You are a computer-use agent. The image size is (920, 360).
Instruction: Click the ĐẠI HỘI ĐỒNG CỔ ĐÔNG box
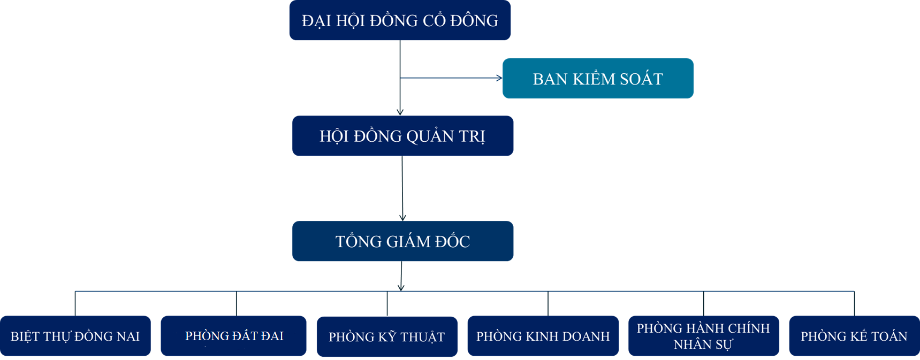click(400, 20)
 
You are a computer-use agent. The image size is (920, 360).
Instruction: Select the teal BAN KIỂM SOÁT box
click(598, 78)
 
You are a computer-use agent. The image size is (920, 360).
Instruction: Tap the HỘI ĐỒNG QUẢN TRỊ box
click(402, 136)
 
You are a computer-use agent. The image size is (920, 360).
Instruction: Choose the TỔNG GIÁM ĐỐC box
click(402, 241)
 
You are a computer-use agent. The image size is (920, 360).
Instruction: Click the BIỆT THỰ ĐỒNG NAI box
click(75, 336)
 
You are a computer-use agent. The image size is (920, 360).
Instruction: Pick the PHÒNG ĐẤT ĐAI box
click(233, 336)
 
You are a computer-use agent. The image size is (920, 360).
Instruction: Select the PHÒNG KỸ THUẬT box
click(387, 336)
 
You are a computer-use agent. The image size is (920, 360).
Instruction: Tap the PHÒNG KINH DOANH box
click(543, 336)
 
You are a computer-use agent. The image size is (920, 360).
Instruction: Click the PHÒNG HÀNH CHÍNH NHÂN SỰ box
click(704, 336)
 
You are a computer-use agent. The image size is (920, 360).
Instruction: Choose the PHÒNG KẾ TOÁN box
click(854, 336)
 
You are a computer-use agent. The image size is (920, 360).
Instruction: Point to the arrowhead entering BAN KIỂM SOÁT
click(499, 78)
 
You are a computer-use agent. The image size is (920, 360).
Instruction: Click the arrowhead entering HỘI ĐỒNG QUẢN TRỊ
click(400, 112)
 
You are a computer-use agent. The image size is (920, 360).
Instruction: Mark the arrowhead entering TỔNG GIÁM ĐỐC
click(403, 218)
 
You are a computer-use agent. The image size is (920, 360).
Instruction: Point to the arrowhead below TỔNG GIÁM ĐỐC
click(401, 288)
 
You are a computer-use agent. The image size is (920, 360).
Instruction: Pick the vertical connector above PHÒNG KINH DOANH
click(548, 303)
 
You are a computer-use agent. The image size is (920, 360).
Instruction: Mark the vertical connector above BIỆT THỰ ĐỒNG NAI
click(75, 303)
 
